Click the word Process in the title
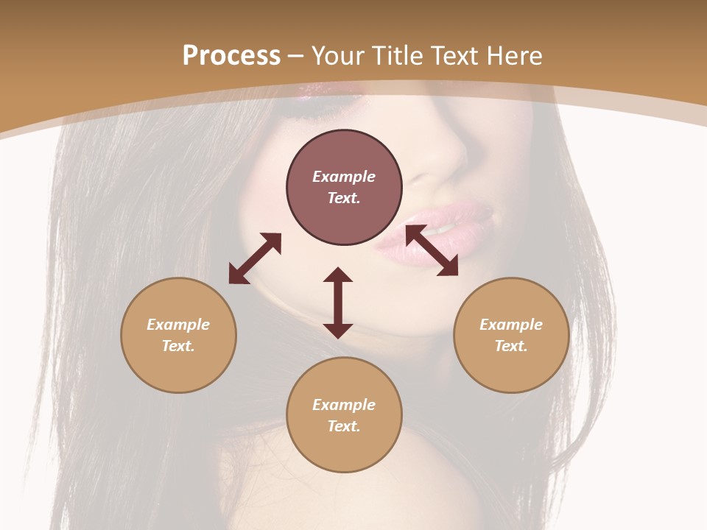pyautogui.click(x=231, y=56)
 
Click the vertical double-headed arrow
pyautogui.click(x=338, y=303)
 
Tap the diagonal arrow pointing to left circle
pyautogui.click(x=255, y=258)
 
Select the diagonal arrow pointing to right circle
pyautogui.click(x=432, y=251)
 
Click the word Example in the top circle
pyautogui.click(x=344, y=177)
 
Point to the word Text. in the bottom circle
pyautogui.click(x=344, y=426)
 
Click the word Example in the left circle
pyautogui.click(x=178, y=325)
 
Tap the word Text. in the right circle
pyautogui.click(x=511, y=346)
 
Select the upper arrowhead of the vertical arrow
pyautogui.click(x=338, y=275)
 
